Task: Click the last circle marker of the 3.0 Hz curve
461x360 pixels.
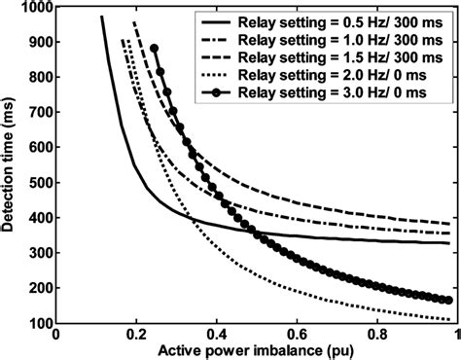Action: coord(448,300)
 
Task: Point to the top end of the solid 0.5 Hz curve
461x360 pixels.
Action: coord(102,17)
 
